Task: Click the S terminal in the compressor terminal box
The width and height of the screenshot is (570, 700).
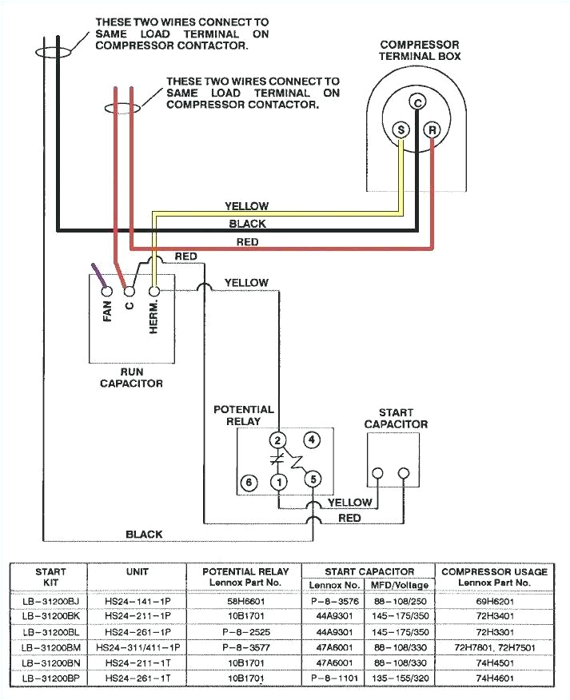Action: click(401, 129)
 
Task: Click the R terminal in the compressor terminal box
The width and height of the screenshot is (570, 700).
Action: click(432, 129)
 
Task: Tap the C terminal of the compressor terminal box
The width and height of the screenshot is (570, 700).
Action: click(417, 101)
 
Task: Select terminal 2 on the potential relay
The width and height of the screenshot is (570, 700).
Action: click(278, 440)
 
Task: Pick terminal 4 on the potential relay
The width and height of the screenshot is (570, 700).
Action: click(312, 439)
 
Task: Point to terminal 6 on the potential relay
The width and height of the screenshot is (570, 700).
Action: click(249, 483)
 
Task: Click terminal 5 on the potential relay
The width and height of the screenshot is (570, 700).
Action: click(313, 479)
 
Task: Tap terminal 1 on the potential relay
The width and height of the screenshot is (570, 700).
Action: click(278, 482)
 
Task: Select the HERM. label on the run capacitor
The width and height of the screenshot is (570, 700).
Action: click(155, 317)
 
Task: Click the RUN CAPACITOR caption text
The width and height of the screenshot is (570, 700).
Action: click(131, 378)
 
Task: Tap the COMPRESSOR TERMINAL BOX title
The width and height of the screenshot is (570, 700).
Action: click(420, 50)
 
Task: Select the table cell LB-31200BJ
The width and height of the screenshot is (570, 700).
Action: click(50, 599)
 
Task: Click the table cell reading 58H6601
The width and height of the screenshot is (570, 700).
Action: click(245, 599)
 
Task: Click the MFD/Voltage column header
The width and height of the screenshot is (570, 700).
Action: click(399, 585)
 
